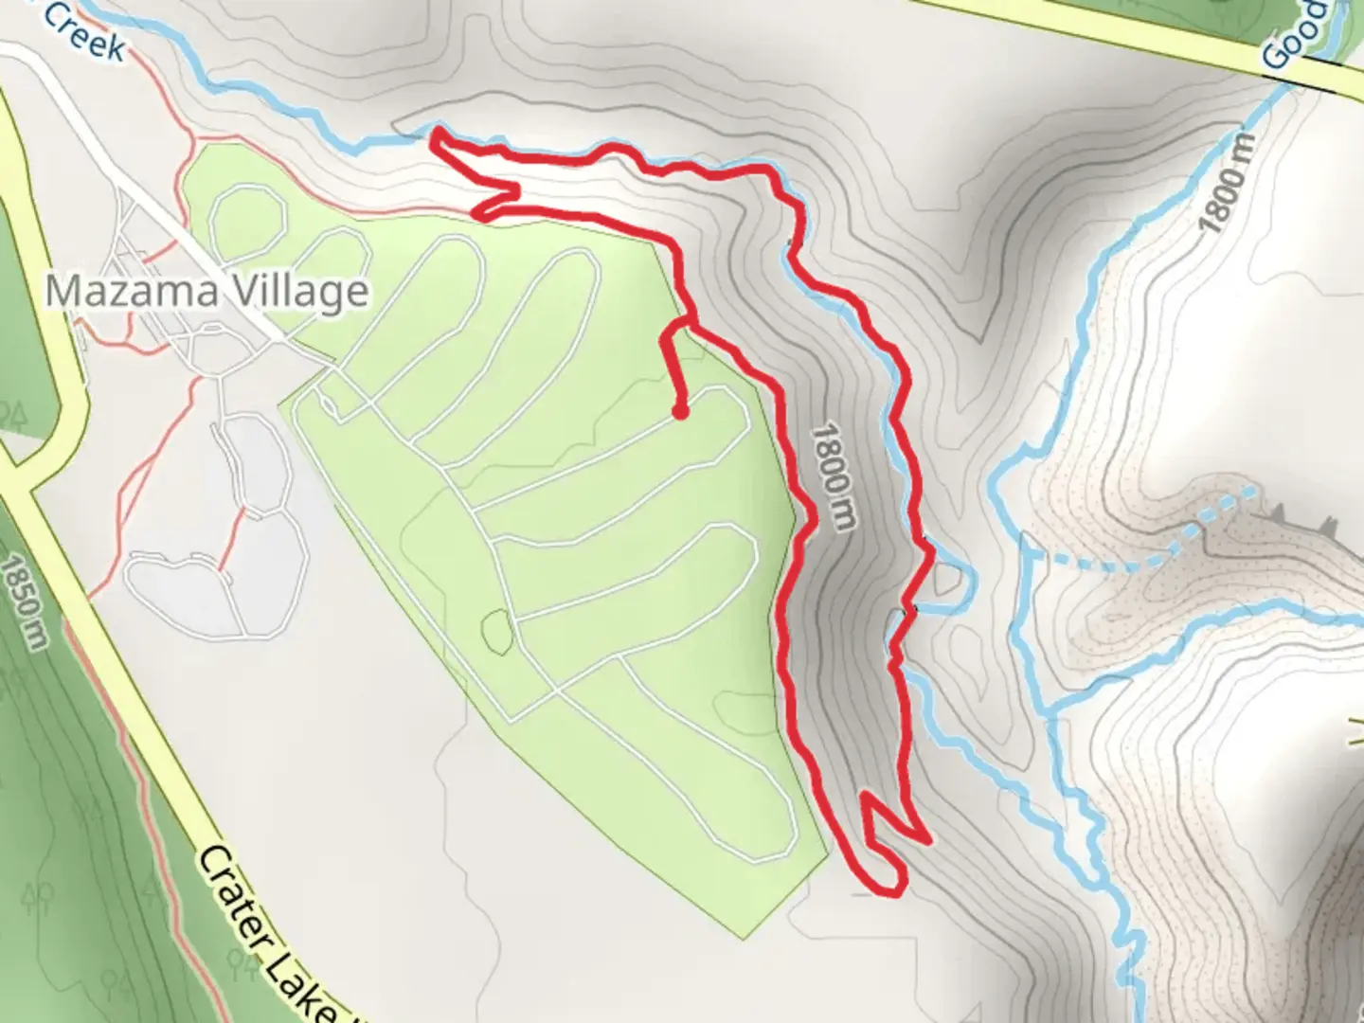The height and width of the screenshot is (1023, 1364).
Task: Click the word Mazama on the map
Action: [127, 291]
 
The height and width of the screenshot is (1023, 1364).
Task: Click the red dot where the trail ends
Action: [679, 411]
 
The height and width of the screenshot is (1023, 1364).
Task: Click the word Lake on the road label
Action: [301, 985]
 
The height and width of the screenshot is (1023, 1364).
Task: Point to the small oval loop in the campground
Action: [496, 632]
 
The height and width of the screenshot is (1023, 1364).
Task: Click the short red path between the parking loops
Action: [232, 541]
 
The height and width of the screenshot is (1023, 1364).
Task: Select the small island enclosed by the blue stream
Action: [948, 580]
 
